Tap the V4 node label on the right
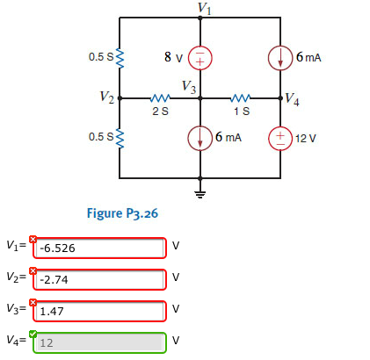(x=291, y=102)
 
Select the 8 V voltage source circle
(x=201, y=57)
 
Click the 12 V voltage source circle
(x=280, y=139)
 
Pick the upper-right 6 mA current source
(x=280, y=57)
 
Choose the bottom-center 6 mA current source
(x=201, y=139)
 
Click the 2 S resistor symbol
(x=160, y=98)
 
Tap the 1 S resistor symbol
(x=240, y=98)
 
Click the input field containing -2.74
(x=99, y=279)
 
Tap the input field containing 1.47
(x=99, y=311)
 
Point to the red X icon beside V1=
(x=33, y=239)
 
